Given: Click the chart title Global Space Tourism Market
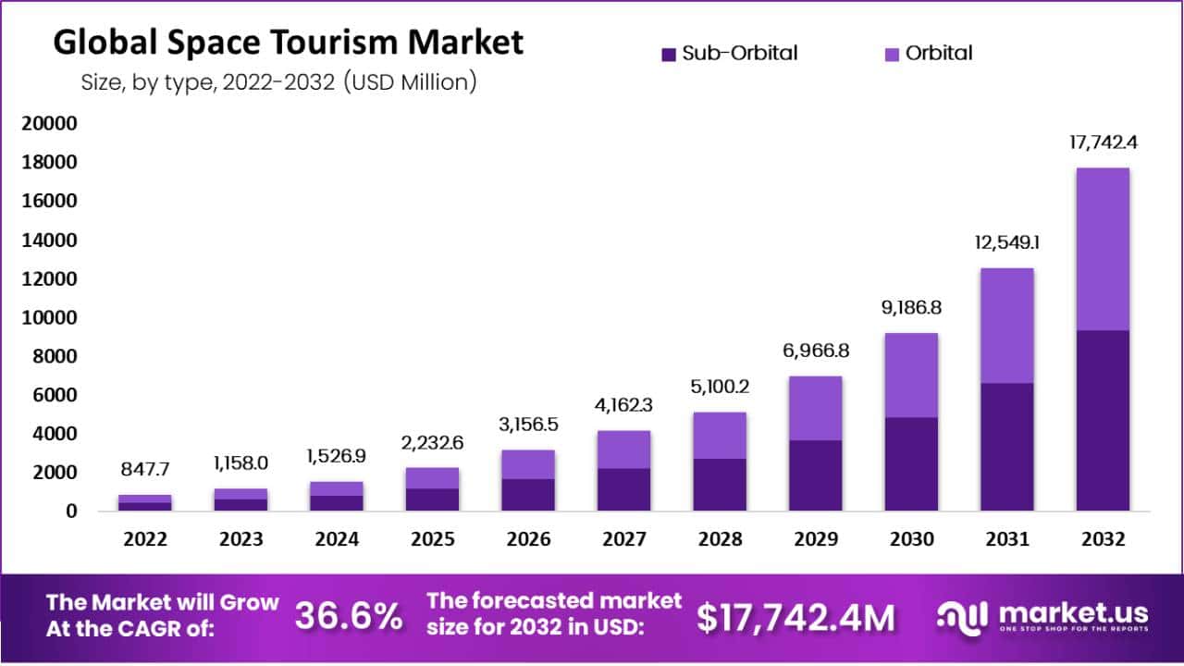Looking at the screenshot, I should coord(288,43).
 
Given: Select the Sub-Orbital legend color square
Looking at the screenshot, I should coord(670,55).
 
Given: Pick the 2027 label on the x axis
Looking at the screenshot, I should coord(623,539).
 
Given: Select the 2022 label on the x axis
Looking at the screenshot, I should coord(144,539).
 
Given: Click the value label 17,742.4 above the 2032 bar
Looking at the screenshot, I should coord(1103,144).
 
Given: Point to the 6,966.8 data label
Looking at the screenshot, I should coord(815,352).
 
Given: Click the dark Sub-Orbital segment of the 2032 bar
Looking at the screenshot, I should coord(1103,420).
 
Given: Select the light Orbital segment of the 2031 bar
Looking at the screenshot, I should coord(1007,326).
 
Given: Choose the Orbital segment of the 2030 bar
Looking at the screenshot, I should coord(911,376).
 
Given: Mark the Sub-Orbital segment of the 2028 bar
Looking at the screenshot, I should coord(720,485).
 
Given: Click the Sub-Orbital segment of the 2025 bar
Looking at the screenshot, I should coord(432,499).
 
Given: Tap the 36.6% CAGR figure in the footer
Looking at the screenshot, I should coord(349,616).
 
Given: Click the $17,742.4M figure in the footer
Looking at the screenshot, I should coord(795,618).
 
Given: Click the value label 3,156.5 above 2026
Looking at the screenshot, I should coord(527,426).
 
